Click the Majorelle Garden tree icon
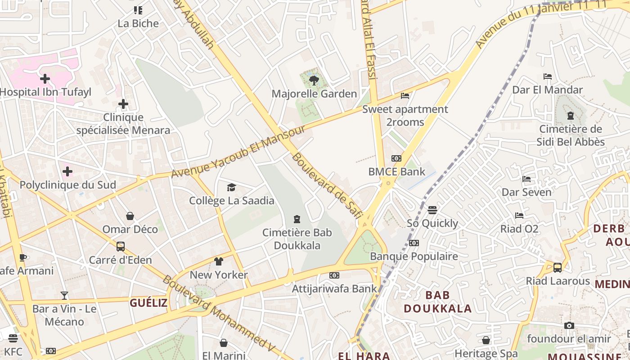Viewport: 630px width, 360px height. pyautogui.click(x=314, y=81)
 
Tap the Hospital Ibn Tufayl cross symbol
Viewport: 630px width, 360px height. pyautogui.click(x=45, y=79)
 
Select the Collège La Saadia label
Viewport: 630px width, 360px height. pyautogui.click(x=231, y=201)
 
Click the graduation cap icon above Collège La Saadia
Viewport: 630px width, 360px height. pyautogui.click(x=231, y=187)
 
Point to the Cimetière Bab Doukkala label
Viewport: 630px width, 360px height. pyautogui.click(x=297, y=239)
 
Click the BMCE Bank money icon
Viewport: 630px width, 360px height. pyautogui.click(x=396, y=158)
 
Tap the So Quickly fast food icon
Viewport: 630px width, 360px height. pyautogui.click(x=432, y=210)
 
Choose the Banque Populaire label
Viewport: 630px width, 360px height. pyautogui.click(x=414, y=256)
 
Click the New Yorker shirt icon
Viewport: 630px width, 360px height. pyautogui.click(x=219, y=261)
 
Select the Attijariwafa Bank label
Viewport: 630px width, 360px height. pyautogui.click(x=334, y=288)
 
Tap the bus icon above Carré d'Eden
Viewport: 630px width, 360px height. pyautogui.click(x=121, y=247)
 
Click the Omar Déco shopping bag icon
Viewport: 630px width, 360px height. pyautogui.click(x=130, y=216)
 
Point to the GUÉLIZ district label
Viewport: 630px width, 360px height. pyautogui.click(x=148, y=303)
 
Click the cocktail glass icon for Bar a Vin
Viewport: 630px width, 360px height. pyautogui.click(x=64, y=296)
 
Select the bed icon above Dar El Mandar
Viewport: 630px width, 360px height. pyautogui.click(x=548, y=76)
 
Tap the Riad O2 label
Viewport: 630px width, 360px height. pyautogui.click(x=519, y=229)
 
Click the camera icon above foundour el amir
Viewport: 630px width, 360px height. pyautogui.click(x=569, y=325)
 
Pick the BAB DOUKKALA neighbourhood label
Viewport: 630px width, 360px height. pyautogui.click(x=437, y=302)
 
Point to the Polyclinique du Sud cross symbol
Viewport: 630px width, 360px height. pyautogui.click(x=67, y=171)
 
